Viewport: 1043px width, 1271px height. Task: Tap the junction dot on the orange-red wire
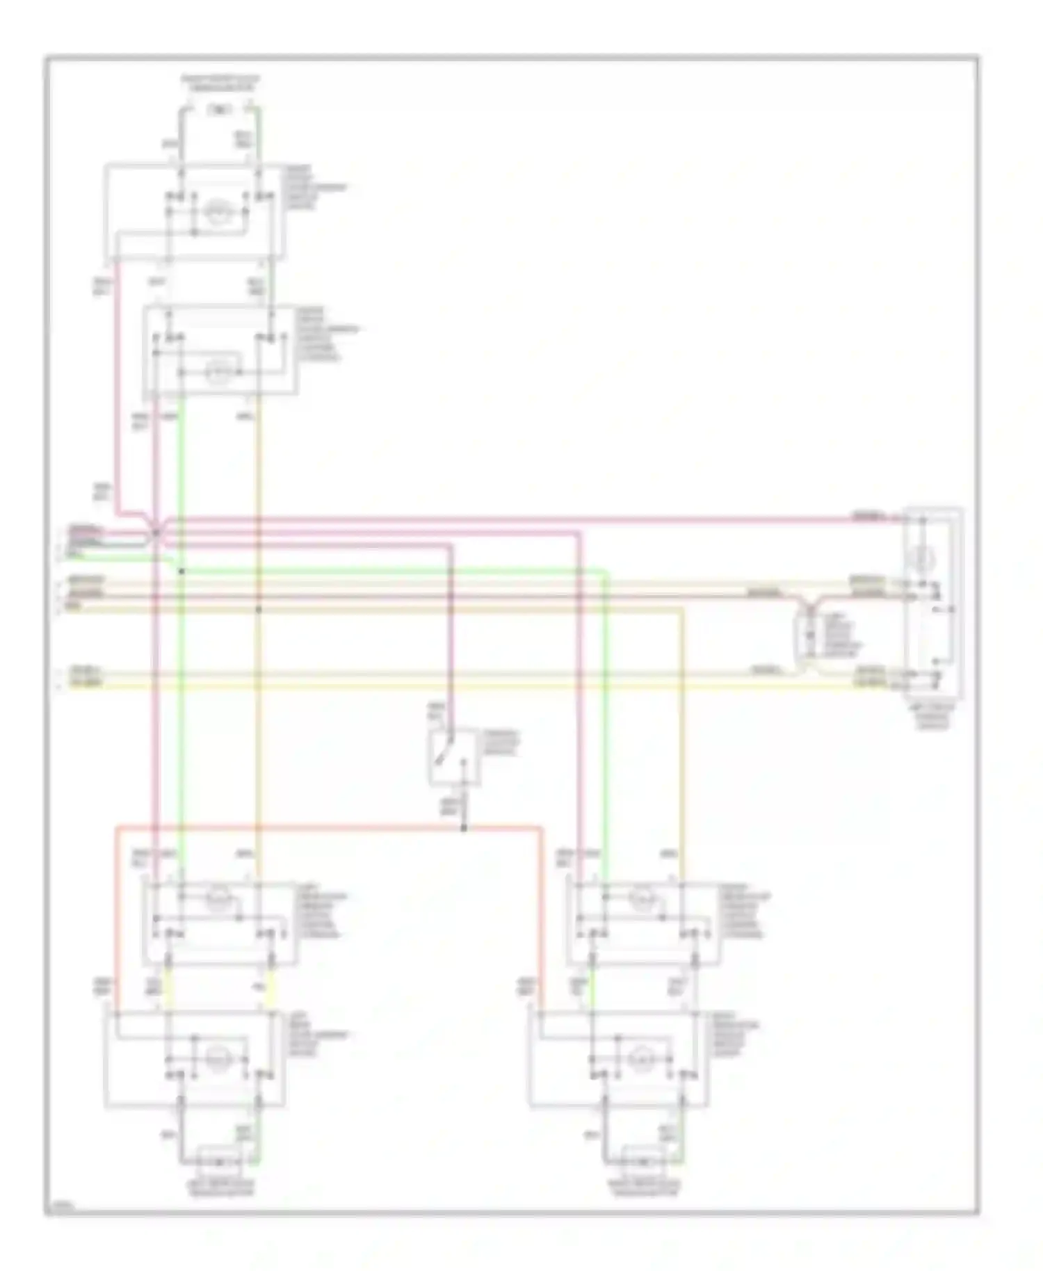pos(464,827)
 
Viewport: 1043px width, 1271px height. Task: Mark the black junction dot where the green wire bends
pos(181,572)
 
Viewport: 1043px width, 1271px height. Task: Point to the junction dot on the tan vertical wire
pos(258,609)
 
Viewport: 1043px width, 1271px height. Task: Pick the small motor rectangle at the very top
pos(220,109)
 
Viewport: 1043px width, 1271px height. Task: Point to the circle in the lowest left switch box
pos(218,1058)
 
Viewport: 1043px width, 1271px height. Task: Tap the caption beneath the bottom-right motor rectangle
pos(644,1188)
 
